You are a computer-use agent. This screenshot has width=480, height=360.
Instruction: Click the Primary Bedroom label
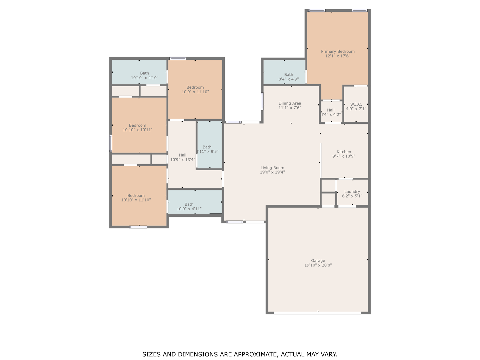pos(338,51)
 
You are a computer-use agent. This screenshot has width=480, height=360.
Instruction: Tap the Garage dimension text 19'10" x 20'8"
pos(318,265)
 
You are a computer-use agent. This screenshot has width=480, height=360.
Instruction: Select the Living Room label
pos(272,168)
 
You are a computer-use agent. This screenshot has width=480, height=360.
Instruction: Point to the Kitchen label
pos(344,152)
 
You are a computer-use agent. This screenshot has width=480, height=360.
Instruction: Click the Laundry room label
pos(352,191)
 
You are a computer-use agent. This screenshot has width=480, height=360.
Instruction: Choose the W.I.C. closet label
pos(356,104)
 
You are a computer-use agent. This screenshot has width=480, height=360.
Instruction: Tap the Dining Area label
pos(290,103)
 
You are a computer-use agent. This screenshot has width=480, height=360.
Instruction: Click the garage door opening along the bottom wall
pos(317,313)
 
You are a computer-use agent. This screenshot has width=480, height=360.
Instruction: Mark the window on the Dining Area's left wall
pos(262,101)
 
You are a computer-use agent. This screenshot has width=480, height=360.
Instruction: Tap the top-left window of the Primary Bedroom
pos(317,10)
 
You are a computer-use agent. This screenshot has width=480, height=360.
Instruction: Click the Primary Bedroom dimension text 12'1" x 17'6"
pos(338,56)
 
